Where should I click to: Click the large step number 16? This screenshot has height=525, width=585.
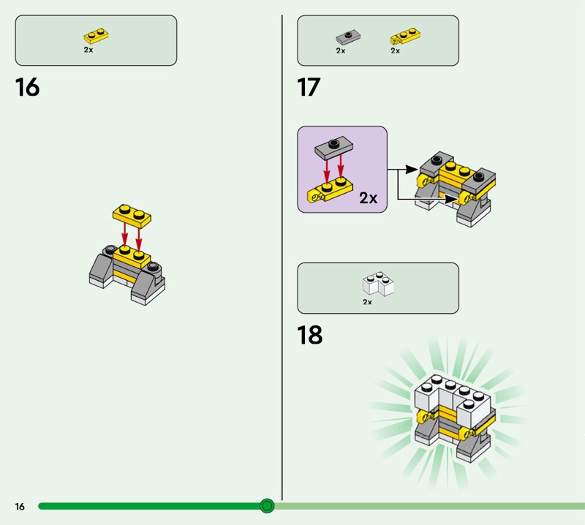point(27,87)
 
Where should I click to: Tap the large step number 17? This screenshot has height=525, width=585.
point(309,87)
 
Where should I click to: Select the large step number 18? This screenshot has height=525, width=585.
point(309,335)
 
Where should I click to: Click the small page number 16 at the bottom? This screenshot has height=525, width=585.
point(20,506)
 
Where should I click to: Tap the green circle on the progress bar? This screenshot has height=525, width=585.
point(267,506)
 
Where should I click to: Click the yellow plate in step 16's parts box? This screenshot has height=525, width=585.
point(96,35)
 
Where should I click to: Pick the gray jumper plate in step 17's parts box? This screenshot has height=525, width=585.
point(348,38)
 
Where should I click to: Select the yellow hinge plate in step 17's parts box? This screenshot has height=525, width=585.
point(405,36)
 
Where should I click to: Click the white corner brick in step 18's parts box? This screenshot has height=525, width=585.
point(378,284)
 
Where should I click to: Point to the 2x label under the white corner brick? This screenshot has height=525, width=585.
point(368,302)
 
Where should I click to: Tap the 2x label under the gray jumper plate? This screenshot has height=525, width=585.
point(341,50)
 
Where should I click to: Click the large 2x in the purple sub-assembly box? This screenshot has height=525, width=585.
point(369,197)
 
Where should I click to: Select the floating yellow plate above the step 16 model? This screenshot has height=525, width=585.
point(132,216)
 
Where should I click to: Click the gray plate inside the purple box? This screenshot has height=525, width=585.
point(334,148)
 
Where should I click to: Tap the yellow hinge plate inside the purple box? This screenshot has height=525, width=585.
point(330,191)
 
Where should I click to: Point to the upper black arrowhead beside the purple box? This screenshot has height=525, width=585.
point(412,170)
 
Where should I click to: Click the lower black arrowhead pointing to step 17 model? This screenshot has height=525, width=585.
point(450,200)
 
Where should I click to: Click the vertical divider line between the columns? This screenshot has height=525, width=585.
point(282,257)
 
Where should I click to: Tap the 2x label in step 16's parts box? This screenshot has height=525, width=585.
point(88,50)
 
